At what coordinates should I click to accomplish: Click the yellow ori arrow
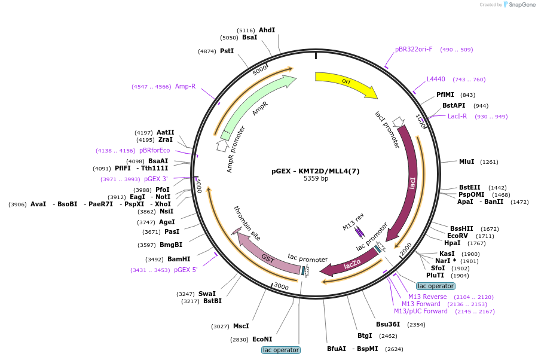point(347,83)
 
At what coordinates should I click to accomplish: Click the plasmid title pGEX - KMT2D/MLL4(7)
point(315,171)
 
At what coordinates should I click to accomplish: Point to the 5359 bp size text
point(316,178)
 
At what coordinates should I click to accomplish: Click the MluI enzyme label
point(467,161)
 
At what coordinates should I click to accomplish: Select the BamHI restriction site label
point(179,259)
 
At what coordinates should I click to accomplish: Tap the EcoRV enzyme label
point(457,236)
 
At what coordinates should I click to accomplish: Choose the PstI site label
point(227,51)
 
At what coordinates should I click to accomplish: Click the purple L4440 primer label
point(436,80)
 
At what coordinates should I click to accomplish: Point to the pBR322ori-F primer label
point(414,50)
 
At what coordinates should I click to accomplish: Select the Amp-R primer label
point(185,87)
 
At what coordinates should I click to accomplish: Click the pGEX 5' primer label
point(186,270)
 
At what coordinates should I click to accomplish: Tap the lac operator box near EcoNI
point(281,350)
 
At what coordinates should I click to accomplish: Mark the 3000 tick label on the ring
point(282,286)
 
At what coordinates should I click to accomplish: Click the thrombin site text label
point(247,223)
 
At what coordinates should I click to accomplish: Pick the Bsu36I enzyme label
point(388,324)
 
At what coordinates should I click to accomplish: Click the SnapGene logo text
point(522,4)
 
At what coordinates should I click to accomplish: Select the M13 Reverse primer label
point(427,297)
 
